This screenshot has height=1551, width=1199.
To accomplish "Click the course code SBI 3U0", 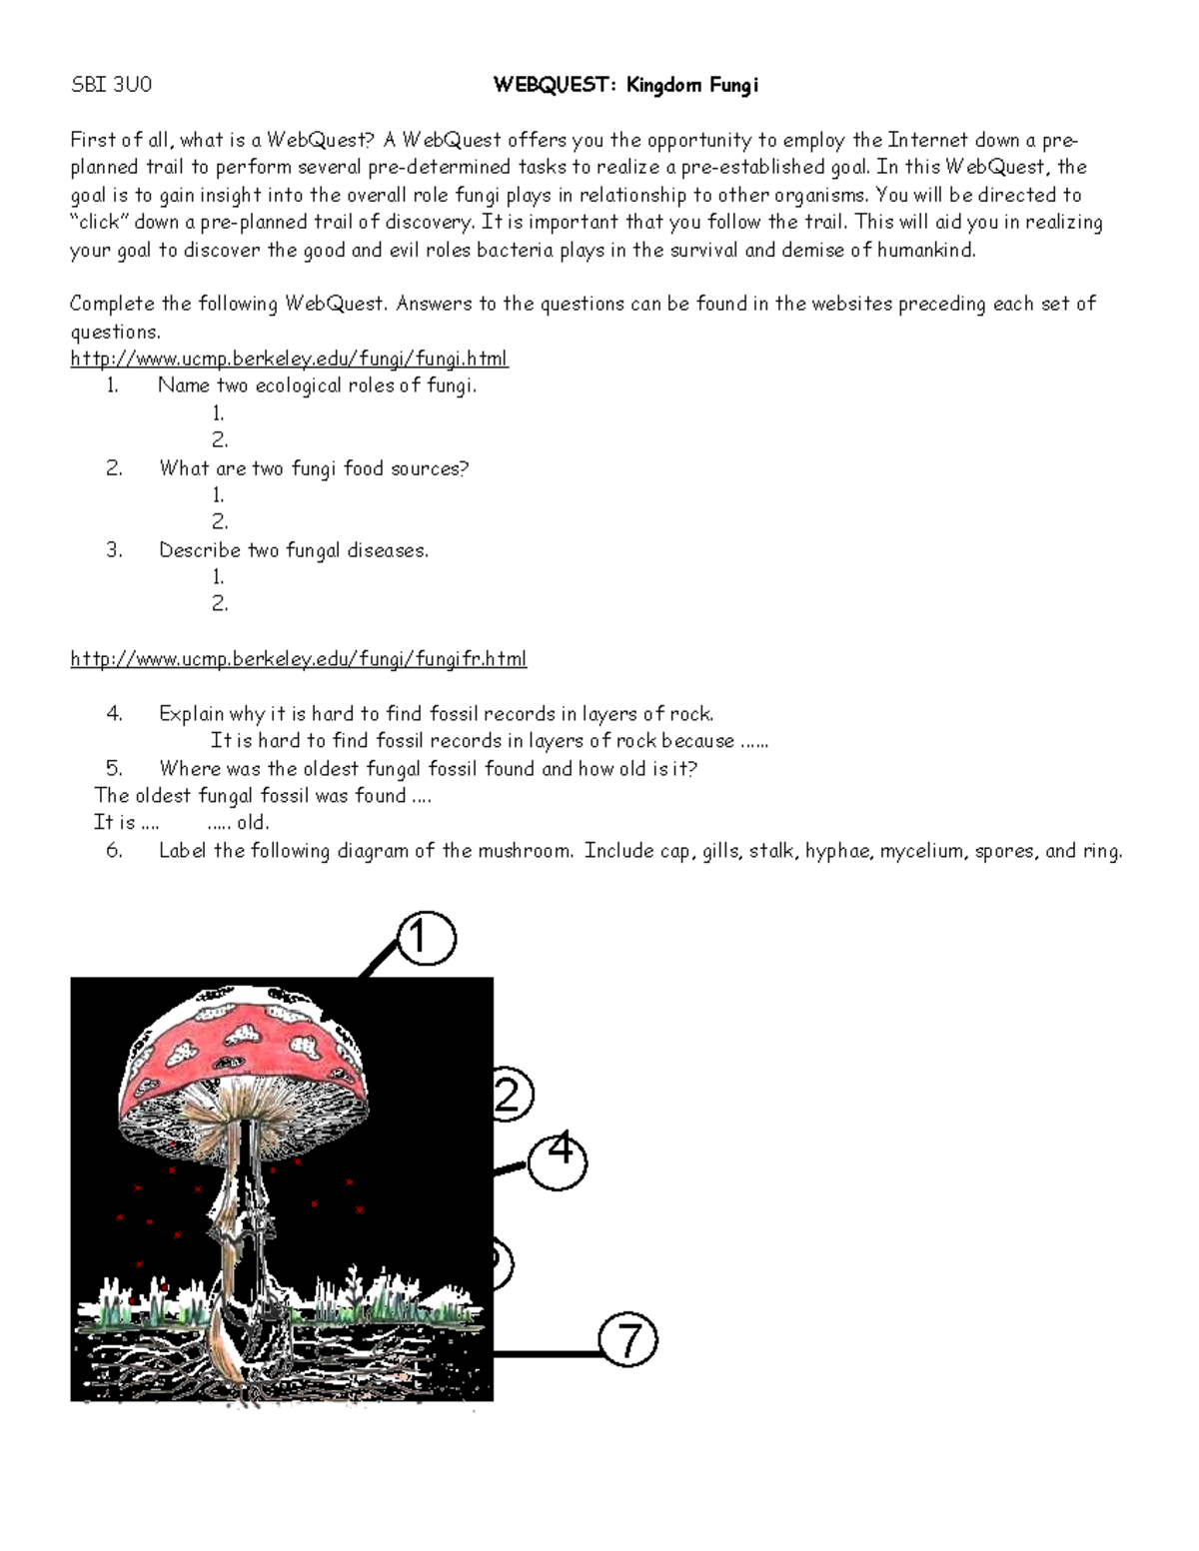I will click(111, 85).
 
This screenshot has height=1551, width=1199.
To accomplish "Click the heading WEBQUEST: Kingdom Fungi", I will click(625, 85).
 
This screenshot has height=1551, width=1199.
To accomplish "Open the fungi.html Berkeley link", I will click(289, 359).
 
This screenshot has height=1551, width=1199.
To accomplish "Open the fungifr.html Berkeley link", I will click(298, 659).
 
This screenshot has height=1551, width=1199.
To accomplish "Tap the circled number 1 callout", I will click(427, 940).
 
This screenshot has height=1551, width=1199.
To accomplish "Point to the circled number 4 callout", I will click(558, 1161).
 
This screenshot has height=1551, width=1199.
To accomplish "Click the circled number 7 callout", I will click(628, 1340).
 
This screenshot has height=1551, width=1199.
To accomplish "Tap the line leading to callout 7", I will click(548, 1354).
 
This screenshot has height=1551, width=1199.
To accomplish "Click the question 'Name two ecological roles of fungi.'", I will click(317, 386).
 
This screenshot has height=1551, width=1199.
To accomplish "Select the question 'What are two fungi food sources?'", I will click(313, 468).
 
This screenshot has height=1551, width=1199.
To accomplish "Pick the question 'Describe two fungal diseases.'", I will click(293, 550).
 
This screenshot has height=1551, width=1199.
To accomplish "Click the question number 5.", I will click(114, 768).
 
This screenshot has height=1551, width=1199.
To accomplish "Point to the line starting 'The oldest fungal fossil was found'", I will click(262, 796).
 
